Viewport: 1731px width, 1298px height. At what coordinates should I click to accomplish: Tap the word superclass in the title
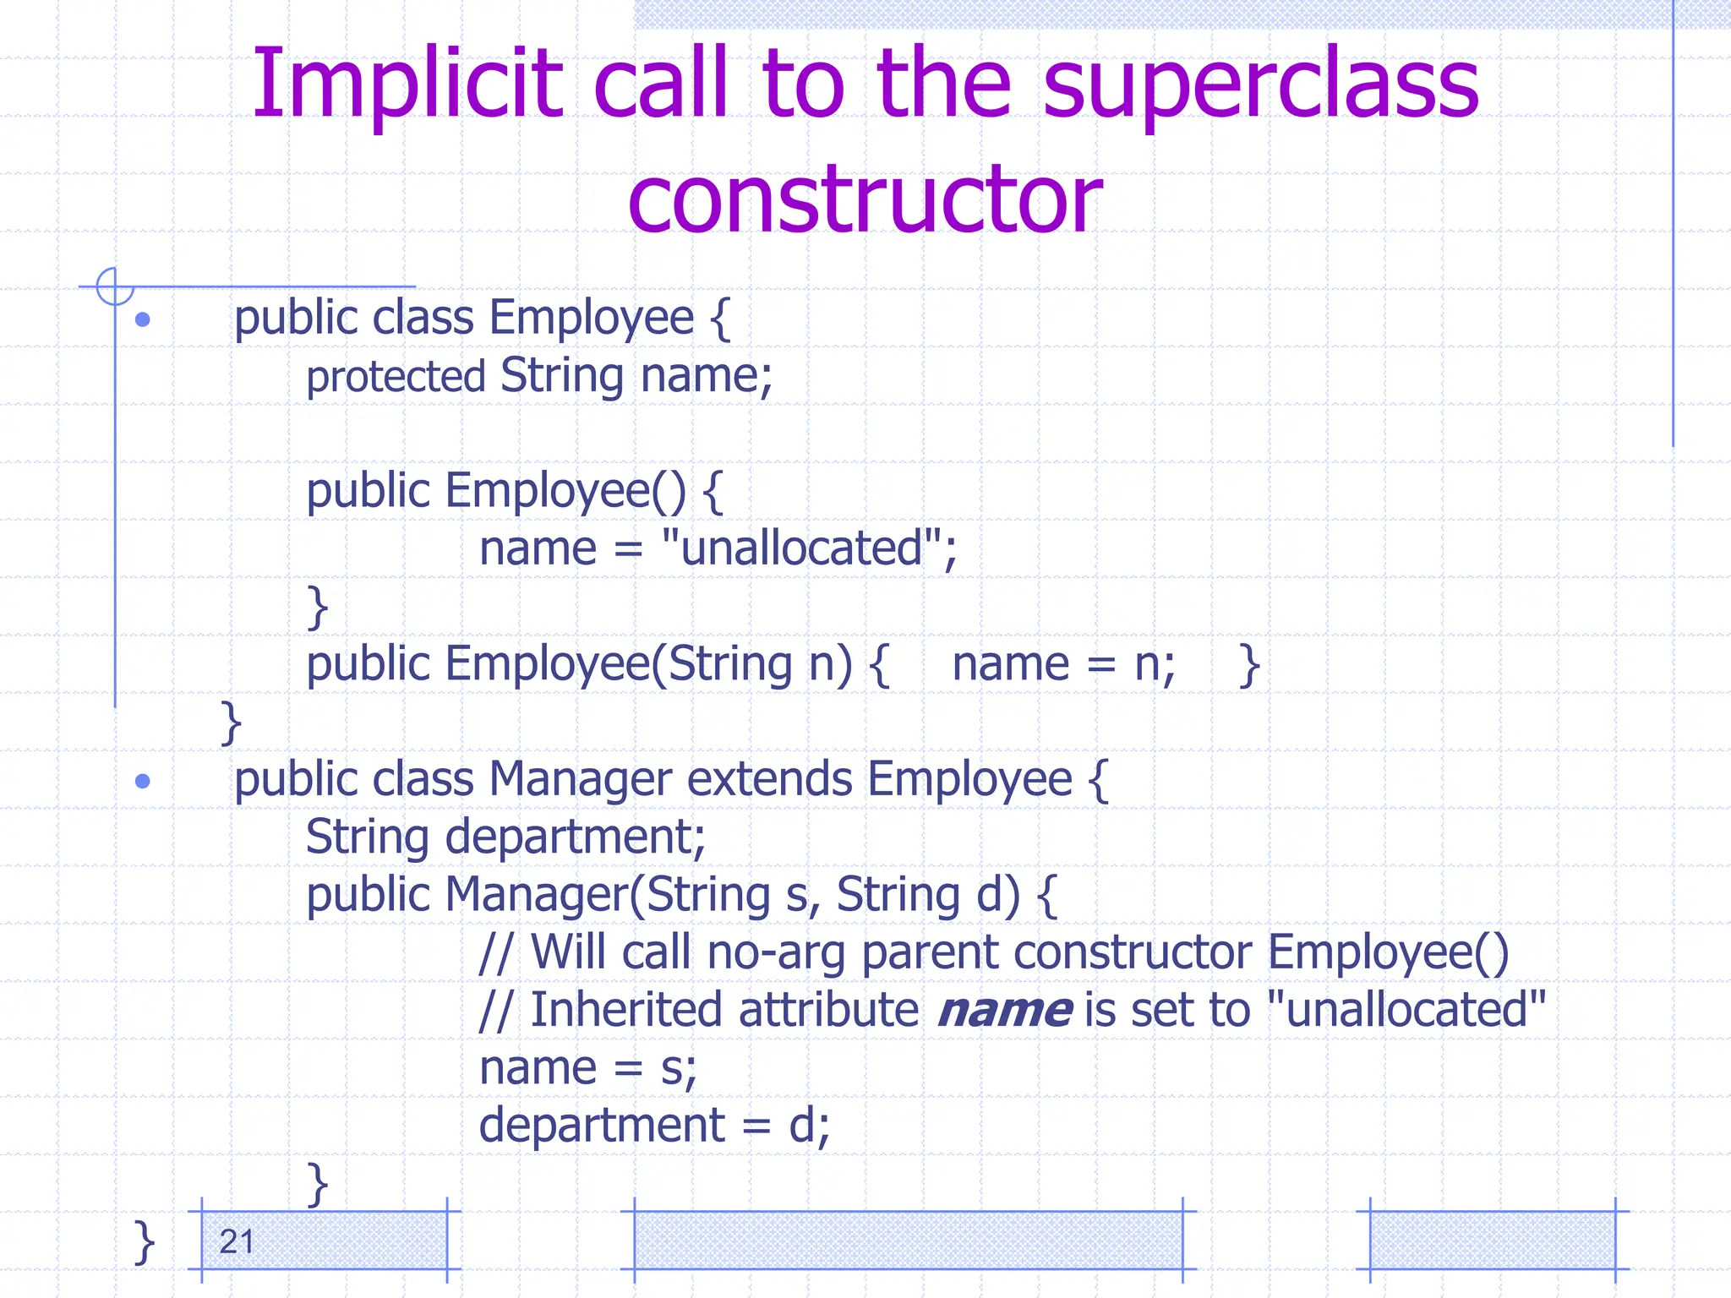pos(1260,85)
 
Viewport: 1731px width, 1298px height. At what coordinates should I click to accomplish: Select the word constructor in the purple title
pos(865,199)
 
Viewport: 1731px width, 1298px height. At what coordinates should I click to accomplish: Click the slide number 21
pos(237,1241)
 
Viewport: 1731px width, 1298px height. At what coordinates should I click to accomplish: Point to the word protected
pos(396,377)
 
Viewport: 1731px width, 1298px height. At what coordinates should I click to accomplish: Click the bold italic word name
pos(1004,1011)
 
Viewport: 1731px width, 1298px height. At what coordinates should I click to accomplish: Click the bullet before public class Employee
pos(143,319)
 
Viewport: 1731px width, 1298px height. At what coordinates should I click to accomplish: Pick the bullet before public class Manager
pos(143,781)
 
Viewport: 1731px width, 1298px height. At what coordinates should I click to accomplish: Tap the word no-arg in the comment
pos(776,952)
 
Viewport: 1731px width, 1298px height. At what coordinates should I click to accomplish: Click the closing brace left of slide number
pos(145,1242)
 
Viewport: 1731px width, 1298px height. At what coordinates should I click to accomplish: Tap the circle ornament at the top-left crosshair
pos(115,286)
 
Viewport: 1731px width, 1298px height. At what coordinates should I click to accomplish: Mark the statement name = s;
pos(587,1068)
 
